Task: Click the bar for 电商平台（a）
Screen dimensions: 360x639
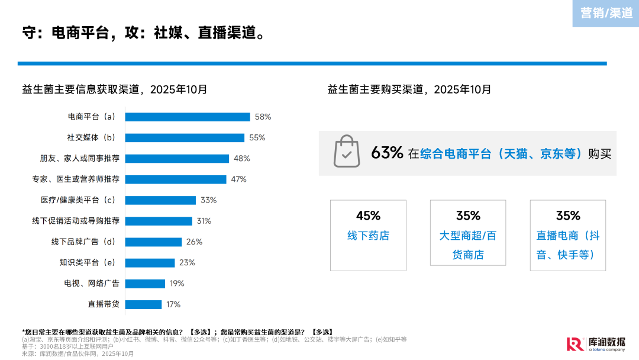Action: (x=188, y=117)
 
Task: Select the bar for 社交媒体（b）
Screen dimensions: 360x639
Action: (x=185, y=137)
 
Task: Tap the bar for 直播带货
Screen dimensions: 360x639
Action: (x=143, y=304)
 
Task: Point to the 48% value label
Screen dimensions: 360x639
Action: (x=242, y=159)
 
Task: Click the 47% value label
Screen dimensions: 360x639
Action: (x=238, y=179)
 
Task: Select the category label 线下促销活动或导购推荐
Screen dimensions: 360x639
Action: (x=76, y=221)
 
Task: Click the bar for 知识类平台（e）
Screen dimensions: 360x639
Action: (x=150, y=263)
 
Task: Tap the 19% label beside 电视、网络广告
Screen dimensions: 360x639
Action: (x=177, y=284)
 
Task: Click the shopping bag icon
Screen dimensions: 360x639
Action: (x=346, y=152)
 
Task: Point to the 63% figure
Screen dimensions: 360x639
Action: (x=387, y=153)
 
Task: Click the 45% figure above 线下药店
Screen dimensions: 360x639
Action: (x=368, y=216)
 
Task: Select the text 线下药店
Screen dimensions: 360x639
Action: (x=368, y=236)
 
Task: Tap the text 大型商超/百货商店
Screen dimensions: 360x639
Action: (x=468, y=245)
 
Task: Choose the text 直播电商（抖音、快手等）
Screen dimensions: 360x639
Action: (x=568, y=245)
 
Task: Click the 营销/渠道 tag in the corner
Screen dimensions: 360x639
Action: (x=606, y=13)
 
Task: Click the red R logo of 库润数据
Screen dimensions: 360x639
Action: (x=574, y=344)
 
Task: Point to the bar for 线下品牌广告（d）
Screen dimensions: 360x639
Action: (x=153, y=242)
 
